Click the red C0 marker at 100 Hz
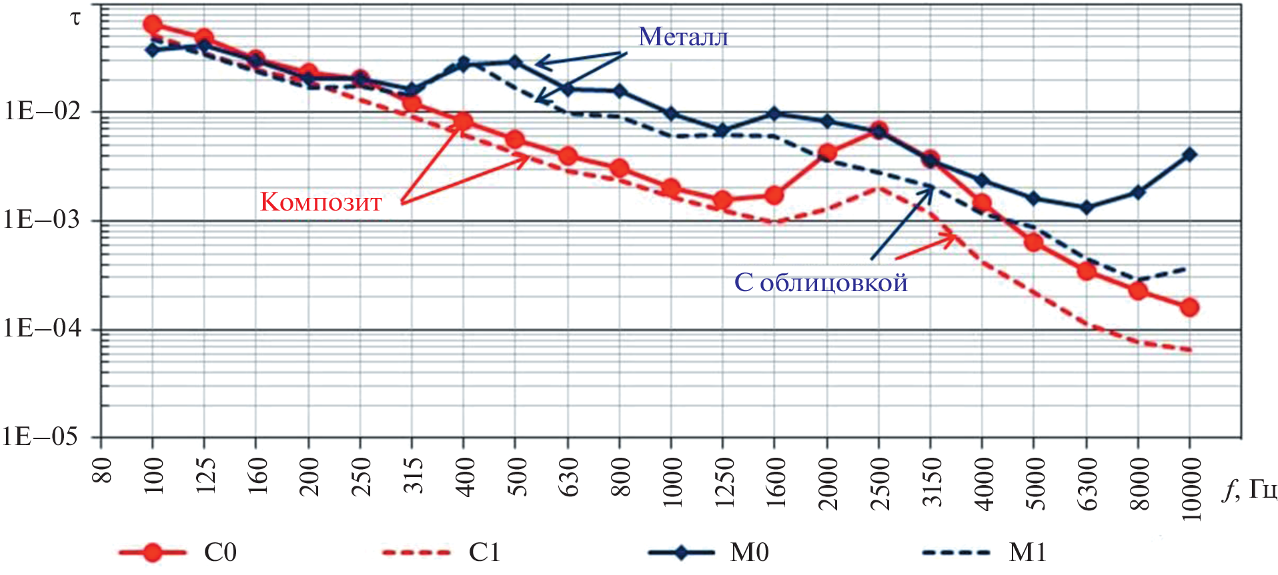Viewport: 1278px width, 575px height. [x=152, y=25]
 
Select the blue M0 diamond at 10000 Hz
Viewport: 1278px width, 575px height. [x=1189, y=155]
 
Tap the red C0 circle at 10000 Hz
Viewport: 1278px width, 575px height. [x=1189, y=307]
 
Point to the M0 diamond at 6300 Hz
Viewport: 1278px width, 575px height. [x=1086, y=208]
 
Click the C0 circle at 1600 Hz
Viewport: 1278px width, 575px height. [x=774, y=195]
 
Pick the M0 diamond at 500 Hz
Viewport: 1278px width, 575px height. [x=515, y=62]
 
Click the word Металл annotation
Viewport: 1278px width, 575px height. [x=683, y=37]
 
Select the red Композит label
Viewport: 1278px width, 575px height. [x=321, y=202]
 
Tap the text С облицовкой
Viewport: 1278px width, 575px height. [x=820, y=283]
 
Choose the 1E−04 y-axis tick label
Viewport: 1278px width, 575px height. [x=41, y=328]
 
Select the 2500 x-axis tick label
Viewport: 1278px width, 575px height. [x=880, y=484]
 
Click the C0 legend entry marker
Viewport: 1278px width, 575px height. [x=153, y=552]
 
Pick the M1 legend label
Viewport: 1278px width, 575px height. [x=1027, y=552]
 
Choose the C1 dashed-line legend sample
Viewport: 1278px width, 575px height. [x=416, y=552]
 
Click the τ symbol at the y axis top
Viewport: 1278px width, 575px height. [x=75, y=18]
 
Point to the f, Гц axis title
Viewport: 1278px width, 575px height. [x=1249, y=490]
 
